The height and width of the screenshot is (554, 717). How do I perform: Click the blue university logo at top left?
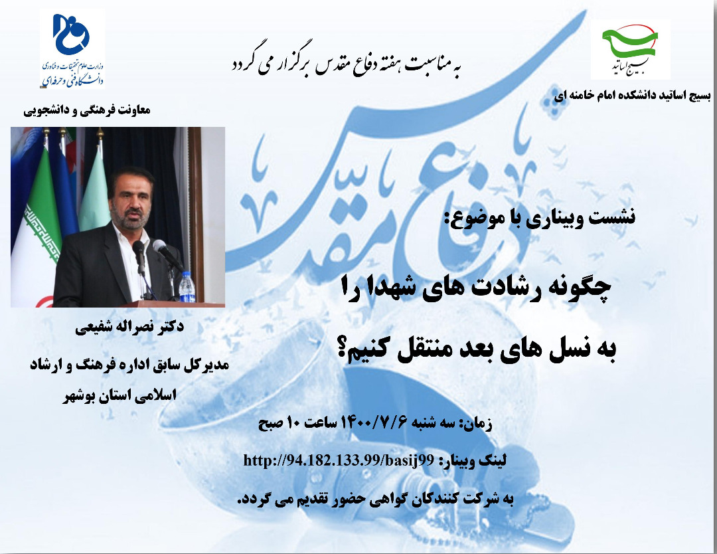point(71,35)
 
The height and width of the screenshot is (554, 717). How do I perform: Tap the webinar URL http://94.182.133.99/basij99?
point(338,460)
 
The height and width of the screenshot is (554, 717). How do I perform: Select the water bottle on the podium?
point(187,286)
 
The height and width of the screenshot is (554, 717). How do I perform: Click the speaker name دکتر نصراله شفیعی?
point(129,327)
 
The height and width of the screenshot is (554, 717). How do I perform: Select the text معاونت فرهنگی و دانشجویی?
point(87,110)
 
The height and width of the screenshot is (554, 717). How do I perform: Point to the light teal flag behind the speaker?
point(95,190)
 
